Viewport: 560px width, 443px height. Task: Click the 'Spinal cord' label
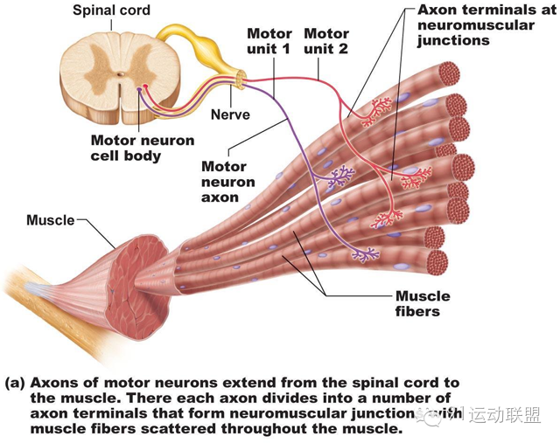(x=111, y=10)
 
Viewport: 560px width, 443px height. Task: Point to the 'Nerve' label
(x=230, y=114)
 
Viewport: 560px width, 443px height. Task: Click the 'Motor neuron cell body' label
(x=139, y=148)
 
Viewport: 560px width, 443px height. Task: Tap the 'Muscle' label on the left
(x=50, y=219)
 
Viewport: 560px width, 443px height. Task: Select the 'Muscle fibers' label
(x=416, y=303)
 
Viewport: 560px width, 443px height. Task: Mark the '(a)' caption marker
(x=14, y=383)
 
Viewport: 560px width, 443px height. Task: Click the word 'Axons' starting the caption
(x=54, y=383)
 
